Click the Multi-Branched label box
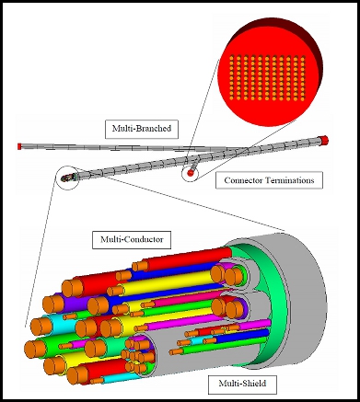coord(142,129)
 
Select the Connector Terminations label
coord(269,180)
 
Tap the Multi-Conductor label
coord(132,239)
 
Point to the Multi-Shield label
coord(242,384)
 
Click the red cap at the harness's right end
coord(323,140)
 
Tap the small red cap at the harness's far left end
coord(19,146)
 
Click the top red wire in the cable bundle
coord(184,258)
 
